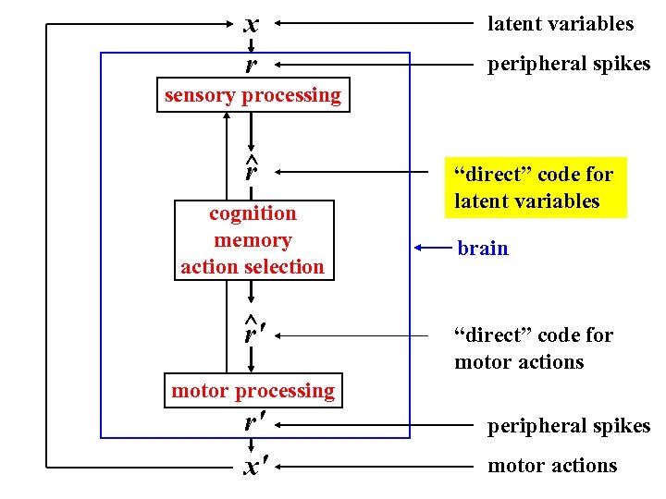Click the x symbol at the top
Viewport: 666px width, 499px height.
251,24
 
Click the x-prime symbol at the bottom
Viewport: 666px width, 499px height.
251,467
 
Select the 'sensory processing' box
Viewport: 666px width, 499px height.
253,95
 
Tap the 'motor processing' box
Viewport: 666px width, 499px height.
253,391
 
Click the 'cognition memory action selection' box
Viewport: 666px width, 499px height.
253,240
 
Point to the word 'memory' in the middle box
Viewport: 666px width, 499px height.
253,240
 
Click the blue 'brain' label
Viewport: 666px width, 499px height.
482,248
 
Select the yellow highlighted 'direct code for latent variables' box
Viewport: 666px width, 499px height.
535,188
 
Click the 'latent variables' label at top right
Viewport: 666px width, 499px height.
561,24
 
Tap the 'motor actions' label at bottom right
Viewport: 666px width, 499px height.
551,466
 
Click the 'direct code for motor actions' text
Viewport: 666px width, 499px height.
533,348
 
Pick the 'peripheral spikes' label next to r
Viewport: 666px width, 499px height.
569,64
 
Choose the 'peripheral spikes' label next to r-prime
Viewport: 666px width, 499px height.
569,426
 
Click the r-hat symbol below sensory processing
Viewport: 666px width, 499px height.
251,170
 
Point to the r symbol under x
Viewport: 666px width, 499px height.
251,66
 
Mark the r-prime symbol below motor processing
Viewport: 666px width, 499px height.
251,424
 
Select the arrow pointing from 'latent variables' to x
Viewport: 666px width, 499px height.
370,24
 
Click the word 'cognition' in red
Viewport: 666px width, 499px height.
253,213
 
